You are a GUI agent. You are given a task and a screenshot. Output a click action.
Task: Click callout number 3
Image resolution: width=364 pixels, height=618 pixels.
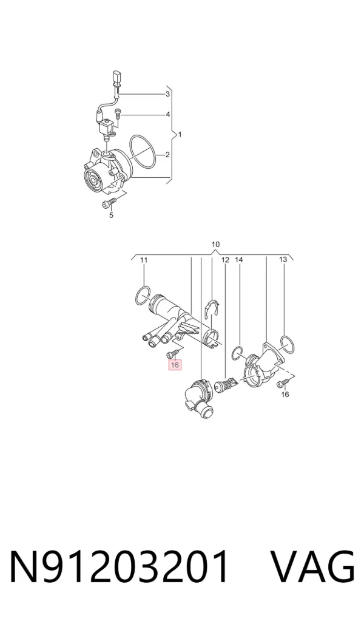tap(167, 94)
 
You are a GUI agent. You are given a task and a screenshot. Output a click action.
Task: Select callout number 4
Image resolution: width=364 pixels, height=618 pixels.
tap(168, 115)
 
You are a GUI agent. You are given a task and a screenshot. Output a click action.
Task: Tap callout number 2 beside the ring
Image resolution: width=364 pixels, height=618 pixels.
tap(167, 155)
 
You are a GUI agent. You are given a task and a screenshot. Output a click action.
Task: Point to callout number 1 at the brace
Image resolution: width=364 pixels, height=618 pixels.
tap(180, 135)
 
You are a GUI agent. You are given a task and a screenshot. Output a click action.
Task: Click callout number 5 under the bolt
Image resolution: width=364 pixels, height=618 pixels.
tap(111, 215)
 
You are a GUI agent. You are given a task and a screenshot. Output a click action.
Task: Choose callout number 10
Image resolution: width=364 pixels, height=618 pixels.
tap(215, 245)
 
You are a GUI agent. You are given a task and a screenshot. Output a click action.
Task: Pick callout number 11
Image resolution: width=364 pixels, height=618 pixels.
tap(144, 260)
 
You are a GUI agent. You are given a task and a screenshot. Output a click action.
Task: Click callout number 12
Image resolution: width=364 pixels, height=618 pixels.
tap(225, 260)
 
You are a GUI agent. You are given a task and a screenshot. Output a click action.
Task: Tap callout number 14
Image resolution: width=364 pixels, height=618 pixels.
tap(239, 260)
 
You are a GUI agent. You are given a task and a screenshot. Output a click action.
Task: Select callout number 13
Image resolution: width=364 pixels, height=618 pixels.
tap(283, 260)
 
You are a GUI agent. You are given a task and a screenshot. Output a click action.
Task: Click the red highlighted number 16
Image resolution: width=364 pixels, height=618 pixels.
tap(175, 365)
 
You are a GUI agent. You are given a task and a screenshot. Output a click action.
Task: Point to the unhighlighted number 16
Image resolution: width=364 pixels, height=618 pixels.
tap(285, 394)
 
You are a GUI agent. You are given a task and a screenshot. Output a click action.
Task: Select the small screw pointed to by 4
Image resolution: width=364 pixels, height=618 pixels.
tap(118, 115)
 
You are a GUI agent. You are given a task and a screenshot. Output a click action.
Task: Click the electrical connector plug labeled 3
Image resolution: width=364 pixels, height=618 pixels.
tap(116, 78)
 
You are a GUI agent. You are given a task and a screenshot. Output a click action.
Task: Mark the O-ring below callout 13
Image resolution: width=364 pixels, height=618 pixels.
tap(289, 344)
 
